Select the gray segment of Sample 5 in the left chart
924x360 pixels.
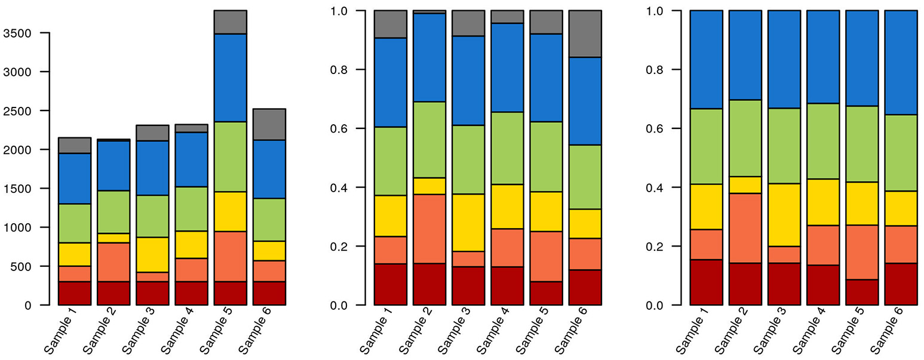pos(231,22)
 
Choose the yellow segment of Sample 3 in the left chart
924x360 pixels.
pos(152,254)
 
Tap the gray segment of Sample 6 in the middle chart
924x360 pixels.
pos(585,34)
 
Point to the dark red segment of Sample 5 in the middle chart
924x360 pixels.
pos(546,293)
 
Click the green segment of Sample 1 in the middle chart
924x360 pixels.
pos(390,161)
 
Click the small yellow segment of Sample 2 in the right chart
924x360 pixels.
pos(745,184)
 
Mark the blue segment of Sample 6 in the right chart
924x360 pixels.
pos(901,63)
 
